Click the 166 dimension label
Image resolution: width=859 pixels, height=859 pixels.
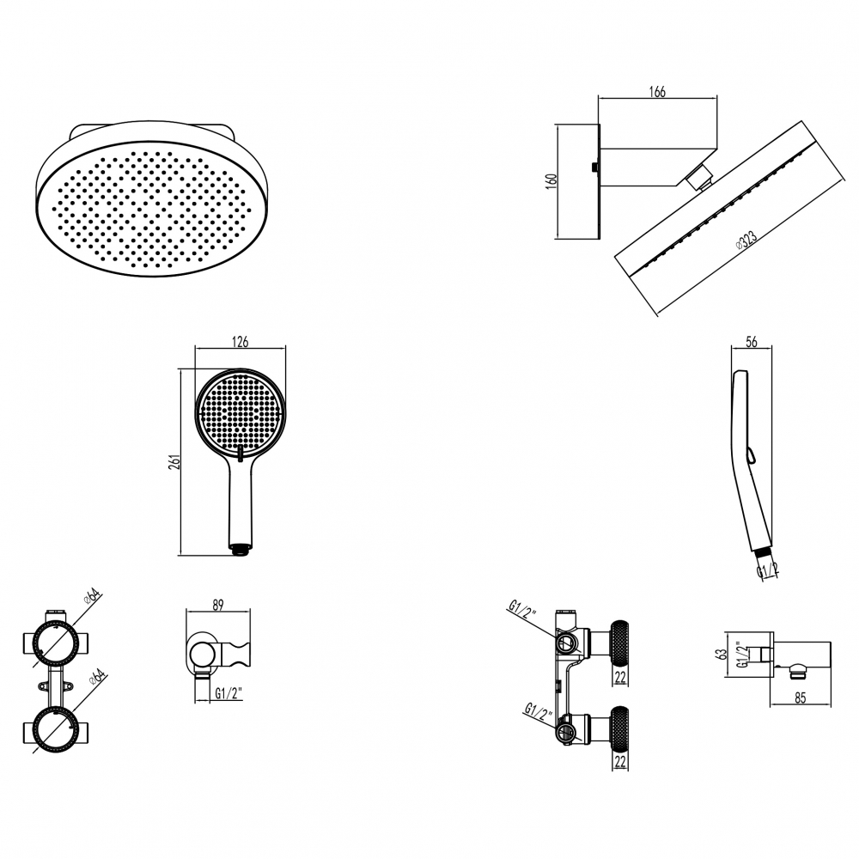coord(657,92)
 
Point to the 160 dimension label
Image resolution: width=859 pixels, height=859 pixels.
coord(551,181)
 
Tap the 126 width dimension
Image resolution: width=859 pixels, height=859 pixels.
coord(240,342)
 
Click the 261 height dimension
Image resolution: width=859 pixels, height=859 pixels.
coord(174,462)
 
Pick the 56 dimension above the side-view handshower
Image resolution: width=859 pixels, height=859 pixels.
coord(752,342)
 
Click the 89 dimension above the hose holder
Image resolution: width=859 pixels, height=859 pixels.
coord(218,605)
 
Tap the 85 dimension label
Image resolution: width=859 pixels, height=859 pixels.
coord(801,698)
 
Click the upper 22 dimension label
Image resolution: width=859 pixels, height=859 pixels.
coord(620,678)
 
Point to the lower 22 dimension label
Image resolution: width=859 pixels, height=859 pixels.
coord(620,762)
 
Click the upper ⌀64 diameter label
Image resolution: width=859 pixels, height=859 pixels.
coord(93,596)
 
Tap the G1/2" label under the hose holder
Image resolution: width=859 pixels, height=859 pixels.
coord(228,693)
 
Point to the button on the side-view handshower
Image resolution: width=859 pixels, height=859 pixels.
coord(750,454)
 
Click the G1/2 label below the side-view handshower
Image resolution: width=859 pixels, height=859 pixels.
coord(767,570)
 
